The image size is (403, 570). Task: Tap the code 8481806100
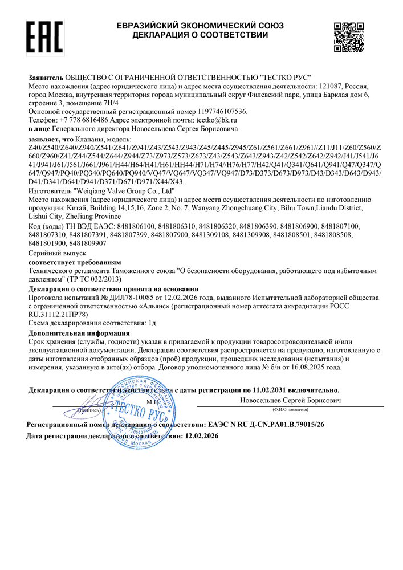click(127, 226)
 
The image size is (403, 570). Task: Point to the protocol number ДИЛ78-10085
click(131, 298)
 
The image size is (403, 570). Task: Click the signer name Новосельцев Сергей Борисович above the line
click(291, 401)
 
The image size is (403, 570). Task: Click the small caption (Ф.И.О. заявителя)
click(291, 409)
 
